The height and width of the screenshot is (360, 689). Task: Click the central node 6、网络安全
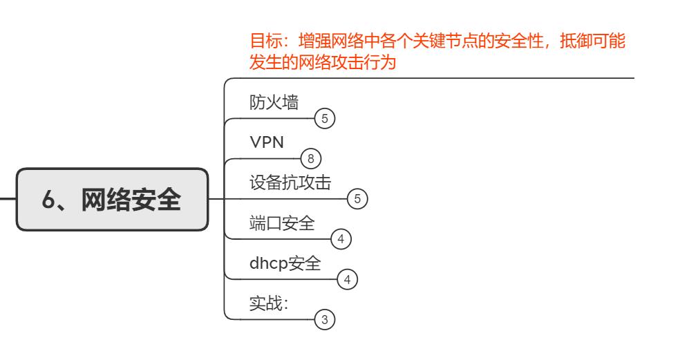coord(112,200)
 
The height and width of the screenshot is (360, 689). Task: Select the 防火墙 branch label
coord(274,102)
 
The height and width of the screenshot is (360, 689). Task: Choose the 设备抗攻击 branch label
coord(290,182)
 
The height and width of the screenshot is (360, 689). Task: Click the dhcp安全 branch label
coord(285,263)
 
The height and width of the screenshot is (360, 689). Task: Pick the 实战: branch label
coord(269,303)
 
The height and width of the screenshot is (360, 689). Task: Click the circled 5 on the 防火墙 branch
coord(324,118)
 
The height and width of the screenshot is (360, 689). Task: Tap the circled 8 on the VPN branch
coord(311,159)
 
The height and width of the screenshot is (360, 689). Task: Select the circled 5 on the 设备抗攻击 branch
coord(357,199)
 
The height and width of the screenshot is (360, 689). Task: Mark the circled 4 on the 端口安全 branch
coord(341,240)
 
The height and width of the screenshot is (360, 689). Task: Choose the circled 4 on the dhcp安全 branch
coord(347,280)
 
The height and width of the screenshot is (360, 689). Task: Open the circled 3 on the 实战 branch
coord(324,320)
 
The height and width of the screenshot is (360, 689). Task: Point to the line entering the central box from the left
coord(8,200)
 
